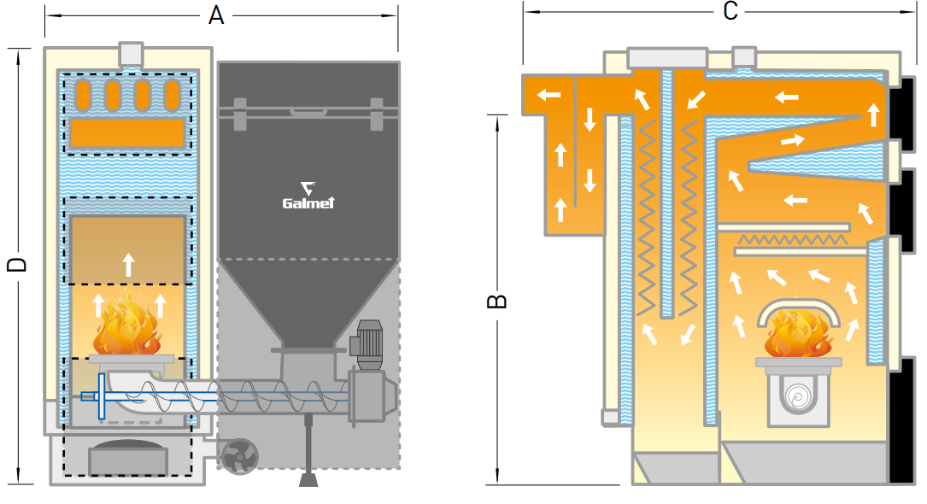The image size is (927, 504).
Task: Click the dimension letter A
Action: point(216,15)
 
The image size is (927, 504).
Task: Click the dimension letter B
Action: point(497,301)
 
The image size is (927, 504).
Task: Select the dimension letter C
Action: point(730,11)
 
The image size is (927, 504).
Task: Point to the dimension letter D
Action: point(17,264)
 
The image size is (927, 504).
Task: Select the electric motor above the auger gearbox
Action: point(370,344)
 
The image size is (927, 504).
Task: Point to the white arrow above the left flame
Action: point(128,263)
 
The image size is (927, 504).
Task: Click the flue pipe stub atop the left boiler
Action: point(132,54)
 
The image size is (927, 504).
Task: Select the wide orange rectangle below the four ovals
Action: point(126,132)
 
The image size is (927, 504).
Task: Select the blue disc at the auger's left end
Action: point(101,396)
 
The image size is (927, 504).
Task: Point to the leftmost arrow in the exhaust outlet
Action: point(547,94)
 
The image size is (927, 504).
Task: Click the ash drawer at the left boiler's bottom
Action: point(127,460)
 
